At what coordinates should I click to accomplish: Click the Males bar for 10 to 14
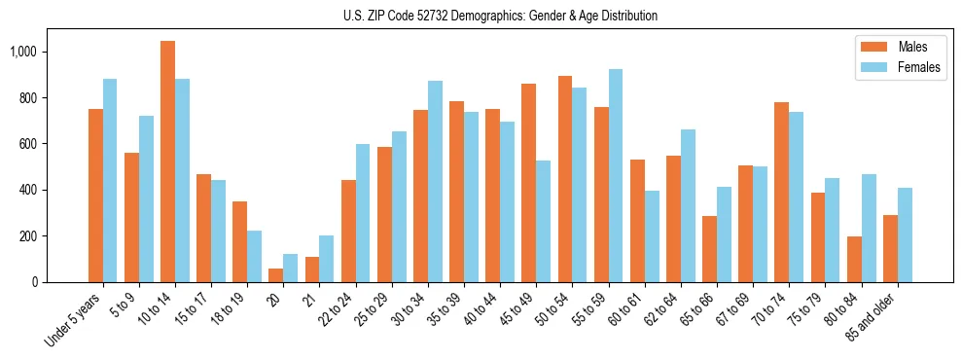click(168, 162)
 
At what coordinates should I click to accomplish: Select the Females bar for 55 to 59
click(616, 176)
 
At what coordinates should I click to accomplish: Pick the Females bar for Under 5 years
click(110, 181)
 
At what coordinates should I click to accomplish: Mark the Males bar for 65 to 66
click(710, 249)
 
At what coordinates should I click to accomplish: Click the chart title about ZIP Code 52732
click(500, 17)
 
